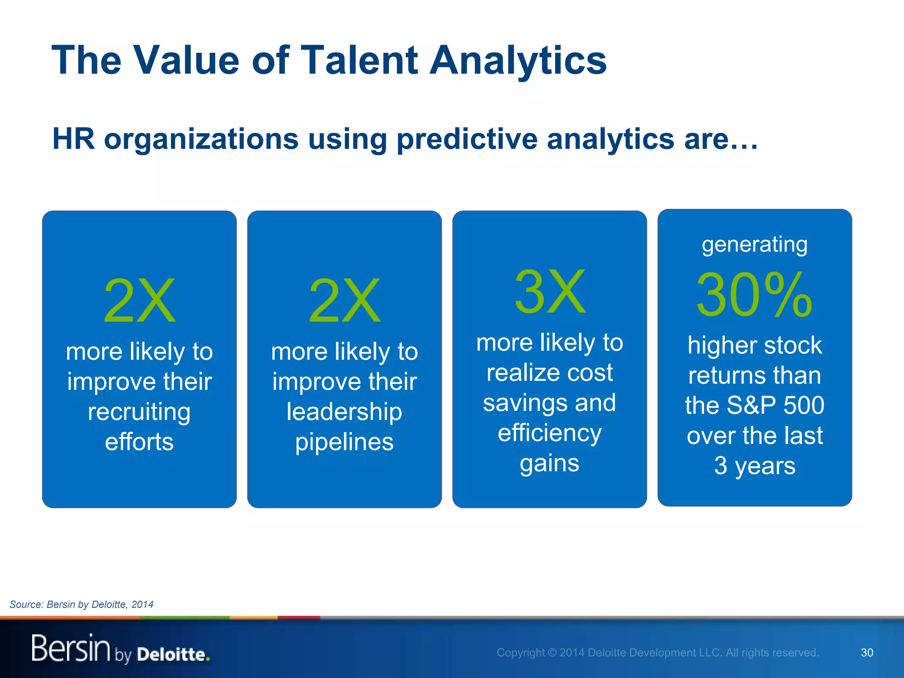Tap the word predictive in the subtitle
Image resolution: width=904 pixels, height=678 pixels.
click(467, 139)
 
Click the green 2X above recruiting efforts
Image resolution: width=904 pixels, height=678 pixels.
click(139, 301)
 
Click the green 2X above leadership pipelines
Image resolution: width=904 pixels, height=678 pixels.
click(344, 301)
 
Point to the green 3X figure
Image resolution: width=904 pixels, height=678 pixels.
click(550, 292)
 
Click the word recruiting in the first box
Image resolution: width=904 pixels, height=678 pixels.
click(139, 412)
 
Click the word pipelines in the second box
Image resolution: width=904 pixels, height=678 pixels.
click(344, 442)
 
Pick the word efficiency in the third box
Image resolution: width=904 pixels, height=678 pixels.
click(550, 433)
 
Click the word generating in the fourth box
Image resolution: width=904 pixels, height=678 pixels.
click(754, 245)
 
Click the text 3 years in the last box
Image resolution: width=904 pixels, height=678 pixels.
click(754, 466)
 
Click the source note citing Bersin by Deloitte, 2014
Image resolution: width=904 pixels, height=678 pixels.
click(82, 604)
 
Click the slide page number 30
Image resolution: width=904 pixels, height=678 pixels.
click(867, 652)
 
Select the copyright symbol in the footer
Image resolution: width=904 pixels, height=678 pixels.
click(552, 652)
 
